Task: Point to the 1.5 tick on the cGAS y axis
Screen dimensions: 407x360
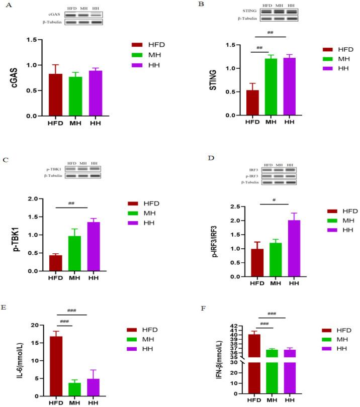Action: (32, 40)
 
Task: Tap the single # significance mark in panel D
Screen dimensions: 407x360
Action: (274, 199)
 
